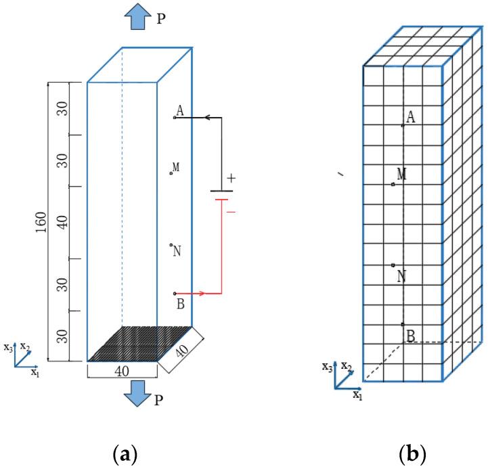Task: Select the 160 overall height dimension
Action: tap(40, 222)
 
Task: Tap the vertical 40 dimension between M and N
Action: tap(62, 222)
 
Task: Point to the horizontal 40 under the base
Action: tap(122, 372)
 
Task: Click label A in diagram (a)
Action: tap(180, 110)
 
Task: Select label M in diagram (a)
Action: tap(176, 167)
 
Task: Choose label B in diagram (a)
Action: tap(180, 303)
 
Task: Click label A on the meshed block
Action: tap(410, 118)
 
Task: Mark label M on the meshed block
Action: tap(402, 175)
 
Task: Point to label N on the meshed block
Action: tap(402, 276)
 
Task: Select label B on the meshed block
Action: tap(411, 335)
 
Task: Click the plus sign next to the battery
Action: tap(231, 179)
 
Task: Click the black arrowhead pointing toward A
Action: tap(208, 118)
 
